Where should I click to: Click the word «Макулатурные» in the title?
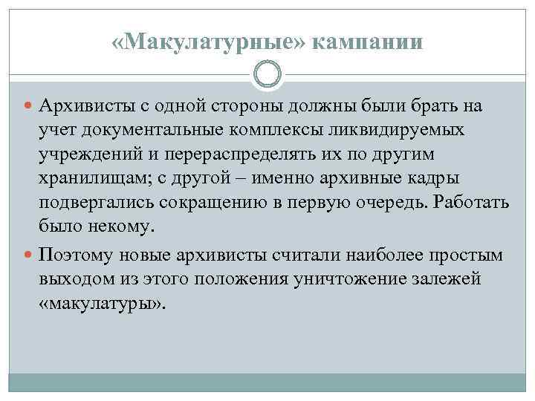[x=210, y=42]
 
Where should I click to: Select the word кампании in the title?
[x=367, y=42]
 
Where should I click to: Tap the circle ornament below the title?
[x=267, y=75]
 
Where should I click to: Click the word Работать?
[x=473, y=202]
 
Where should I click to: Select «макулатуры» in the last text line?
[x=105, y=304]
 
